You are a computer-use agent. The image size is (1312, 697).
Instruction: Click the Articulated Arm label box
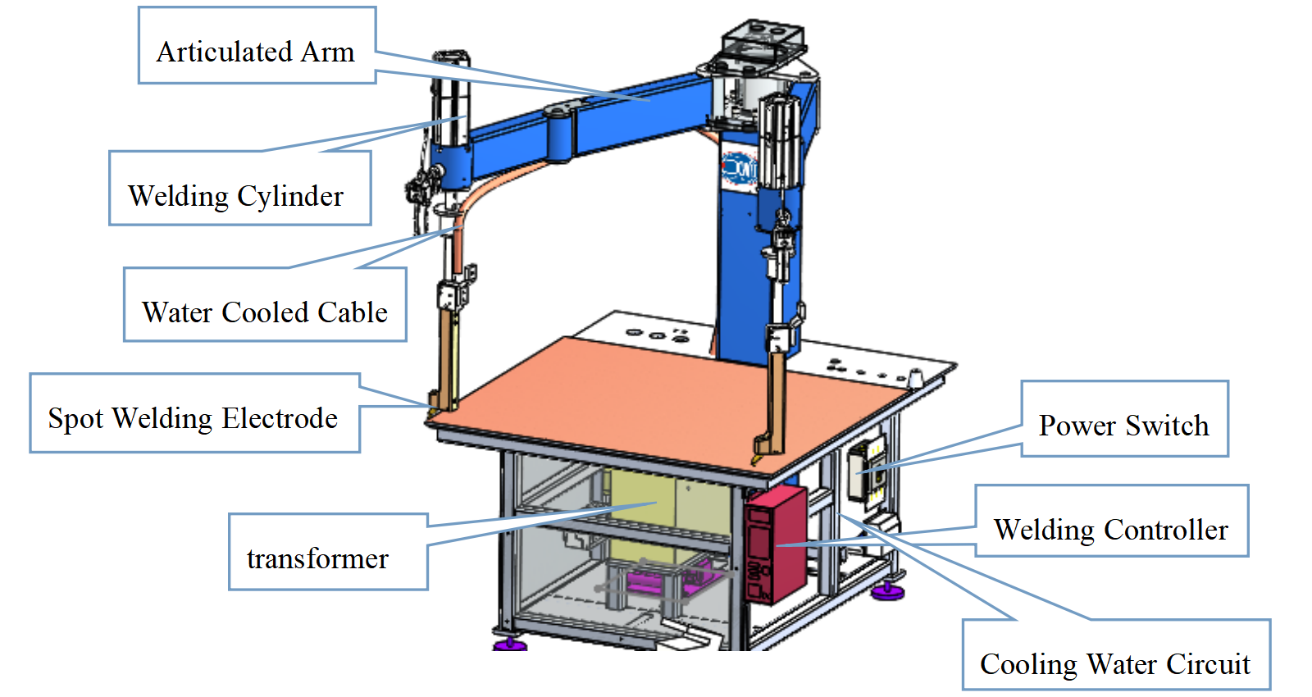[x=257, y=45]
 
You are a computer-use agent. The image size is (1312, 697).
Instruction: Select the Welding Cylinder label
[x=240, y=188]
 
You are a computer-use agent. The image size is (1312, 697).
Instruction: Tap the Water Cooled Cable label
[x=265, y=304]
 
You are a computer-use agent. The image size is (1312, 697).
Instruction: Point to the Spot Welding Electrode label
[x=194, y=413]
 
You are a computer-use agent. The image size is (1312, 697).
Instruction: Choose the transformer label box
[x=328, y=552]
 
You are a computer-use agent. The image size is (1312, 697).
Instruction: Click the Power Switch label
[x=1124, y=419]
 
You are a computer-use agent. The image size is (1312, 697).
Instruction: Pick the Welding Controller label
[x=1112, y=521]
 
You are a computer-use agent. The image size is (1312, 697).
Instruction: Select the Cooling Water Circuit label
[x=1116, y=654]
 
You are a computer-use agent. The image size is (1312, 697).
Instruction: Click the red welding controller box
[x=776, y=544]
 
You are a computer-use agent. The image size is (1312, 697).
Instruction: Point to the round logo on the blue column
[x=739, y=168]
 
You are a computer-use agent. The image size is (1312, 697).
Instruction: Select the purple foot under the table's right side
[x=888, y=592]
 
